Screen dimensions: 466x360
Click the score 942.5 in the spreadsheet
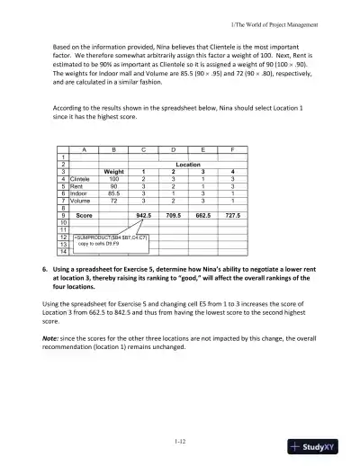(x=143, y=216)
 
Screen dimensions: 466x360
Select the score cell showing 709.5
(x=174, y=216)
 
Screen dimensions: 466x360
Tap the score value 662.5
(x=202, y=216)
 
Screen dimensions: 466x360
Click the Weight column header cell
(x=114, y=171)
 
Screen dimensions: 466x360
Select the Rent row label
(x=77, y=186)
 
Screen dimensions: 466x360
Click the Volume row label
(x=80, y=201)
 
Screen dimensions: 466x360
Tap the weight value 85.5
(x=114, y=193)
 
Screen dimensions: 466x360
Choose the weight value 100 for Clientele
(x=114, y=179)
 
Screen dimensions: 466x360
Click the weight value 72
(x=114, y=201)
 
